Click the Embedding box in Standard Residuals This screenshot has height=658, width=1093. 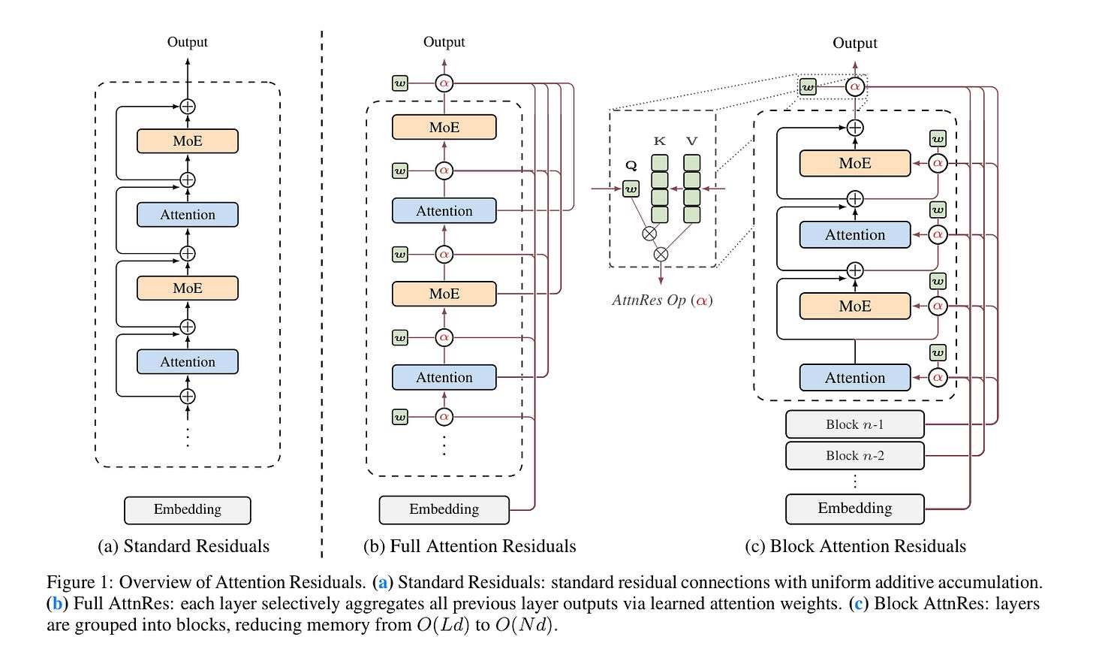coord(188,510)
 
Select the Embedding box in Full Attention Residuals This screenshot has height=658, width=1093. coord(444,510)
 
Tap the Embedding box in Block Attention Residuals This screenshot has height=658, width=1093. coord(855,509)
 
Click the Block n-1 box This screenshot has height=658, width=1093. coord(855,424)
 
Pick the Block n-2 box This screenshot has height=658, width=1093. coord(855,455)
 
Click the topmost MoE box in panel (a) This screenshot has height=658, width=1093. coord(188,141)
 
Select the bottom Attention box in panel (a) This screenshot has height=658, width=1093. coord(188,362)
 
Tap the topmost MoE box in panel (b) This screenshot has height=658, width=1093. coord(444,127)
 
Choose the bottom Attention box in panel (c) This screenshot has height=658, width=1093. coord(855,377)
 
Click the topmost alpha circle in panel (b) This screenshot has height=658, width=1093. coord(444,83)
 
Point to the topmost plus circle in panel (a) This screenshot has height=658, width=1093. coord(188,107)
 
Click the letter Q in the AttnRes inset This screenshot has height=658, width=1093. coord(631,166)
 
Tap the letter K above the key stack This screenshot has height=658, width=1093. coord(659,141)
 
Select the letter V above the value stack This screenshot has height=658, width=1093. coord(691,141)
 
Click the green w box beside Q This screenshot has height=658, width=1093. coord(631,189)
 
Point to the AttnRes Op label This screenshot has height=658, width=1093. coord(662,300)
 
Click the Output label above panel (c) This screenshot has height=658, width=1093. coord(855,43)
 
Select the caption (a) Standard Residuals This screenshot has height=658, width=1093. coord(183,546)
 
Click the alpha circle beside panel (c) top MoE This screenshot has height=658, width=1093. coord(938,163)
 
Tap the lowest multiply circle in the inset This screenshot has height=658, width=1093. coord(661,255)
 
